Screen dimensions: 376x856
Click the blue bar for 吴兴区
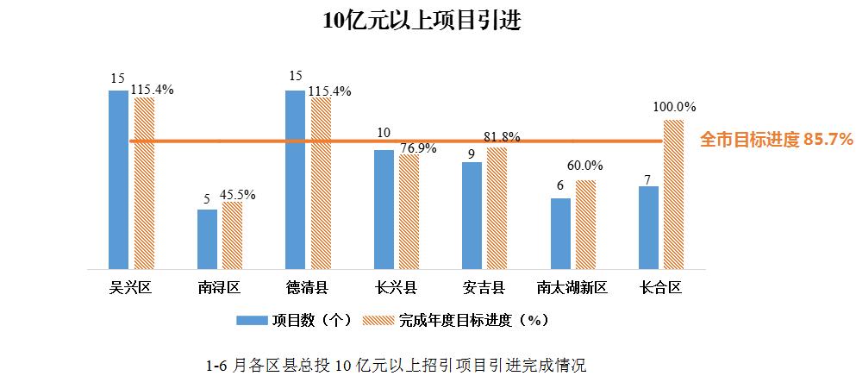point(119,179)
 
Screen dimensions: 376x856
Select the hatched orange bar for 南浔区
point(232,235)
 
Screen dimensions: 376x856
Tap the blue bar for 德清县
point(296,179)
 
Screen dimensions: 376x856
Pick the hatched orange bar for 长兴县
point(409,211)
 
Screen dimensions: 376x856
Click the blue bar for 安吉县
point(472,215)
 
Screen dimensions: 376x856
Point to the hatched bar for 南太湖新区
point(585,224)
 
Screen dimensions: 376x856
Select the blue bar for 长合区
point(648,227)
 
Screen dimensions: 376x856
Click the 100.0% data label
point(674,107)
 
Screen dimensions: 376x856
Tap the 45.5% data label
point(237,194)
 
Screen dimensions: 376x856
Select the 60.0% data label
point(584,166)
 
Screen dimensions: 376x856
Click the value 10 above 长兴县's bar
point(384,133)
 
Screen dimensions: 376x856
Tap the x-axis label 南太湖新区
point(572,287)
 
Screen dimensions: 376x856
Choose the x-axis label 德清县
point(307,287)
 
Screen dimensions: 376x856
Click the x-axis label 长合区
point(660,287)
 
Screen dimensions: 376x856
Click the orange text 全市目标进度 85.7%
point(776,139)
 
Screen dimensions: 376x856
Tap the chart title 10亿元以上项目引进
point(422,21)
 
